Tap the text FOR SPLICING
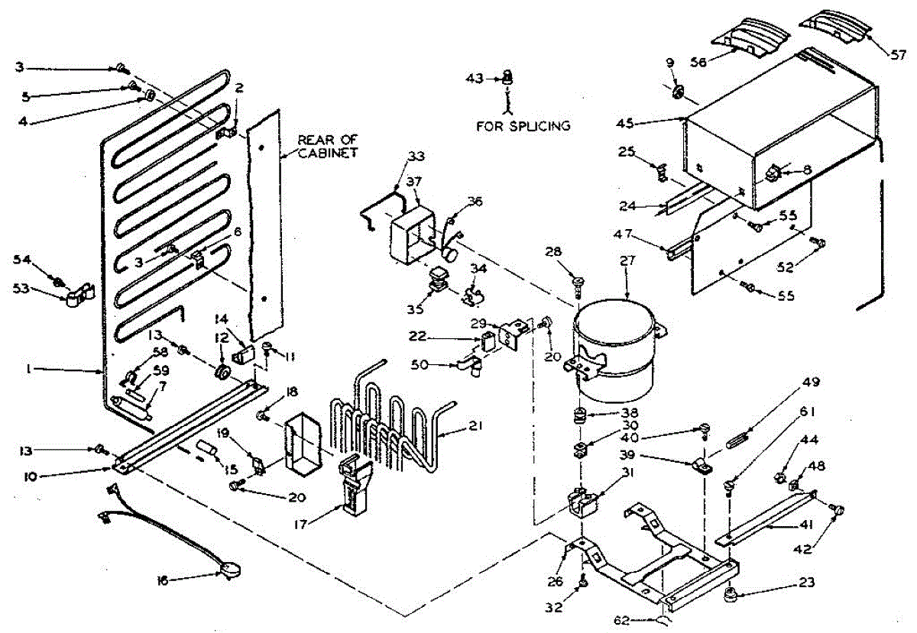[523, 126]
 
